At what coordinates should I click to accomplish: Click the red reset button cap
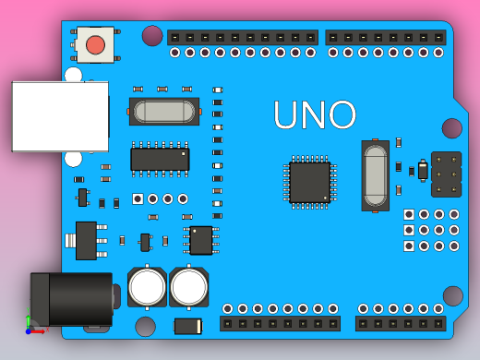click(95, 44)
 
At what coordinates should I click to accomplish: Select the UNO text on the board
click(315, 115)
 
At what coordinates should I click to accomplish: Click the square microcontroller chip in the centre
click(309, 182)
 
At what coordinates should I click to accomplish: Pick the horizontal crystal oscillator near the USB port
click(165, 112)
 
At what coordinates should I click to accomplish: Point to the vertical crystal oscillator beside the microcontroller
click(375, 175)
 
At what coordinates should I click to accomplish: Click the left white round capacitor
click(147, 286)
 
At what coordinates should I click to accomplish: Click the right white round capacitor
click(189, 286)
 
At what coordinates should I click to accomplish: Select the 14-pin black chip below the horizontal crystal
click(160, 159)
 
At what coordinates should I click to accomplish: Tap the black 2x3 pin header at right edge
click(446, 174)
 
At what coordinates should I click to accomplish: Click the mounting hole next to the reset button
click(152, 36)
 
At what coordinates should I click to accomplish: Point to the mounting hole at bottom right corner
click(452, 295)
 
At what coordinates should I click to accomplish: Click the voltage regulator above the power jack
click(86, 240)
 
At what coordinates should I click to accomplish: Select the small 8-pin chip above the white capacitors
click(201, 240)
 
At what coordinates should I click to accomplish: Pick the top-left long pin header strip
click(243, 38)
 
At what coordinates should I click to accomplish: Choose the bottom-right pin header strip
click(401, 323)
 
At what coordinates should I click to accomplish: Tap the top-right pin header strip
click(386, 38)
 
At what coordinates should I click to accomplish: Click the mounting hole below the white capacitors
click(146, 326)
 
